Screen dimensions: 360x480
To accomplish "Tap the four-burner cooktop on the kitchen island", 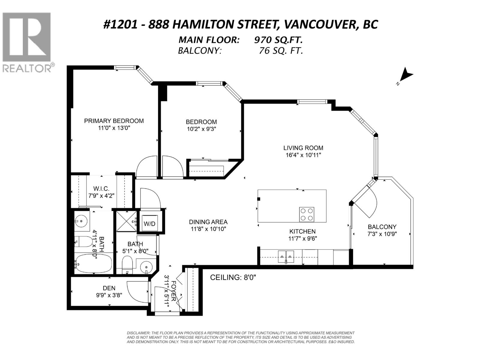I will pyautogui.click(x=307, y=214).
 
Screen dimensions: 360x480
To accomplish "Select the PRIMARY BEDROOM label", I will pyautogui.click(x=114, y=121).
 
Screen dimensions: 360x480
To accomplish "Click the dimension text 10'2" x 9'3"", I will pyautogui.click(x=201, y=129).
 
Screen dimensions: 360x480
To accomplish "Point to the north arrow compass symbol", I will pyautogui.click(x=406, y=76).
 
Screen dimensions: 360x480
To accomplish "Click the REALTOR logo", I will pyautogui.click(x=27, y=42).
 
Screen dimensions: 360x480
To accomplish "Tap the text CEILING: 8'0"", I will pyautogui.click(x=233, y=277).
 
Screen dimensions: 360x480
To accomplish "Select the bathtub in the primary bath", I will pyautogui.click(x=93, y=263).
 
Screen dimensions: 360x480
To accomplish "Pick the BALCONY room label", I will pyautogui.click(x=382, y=227).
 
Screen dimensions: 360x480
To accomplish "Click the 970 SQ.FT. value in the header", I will pyautogui.click(x=278, y=40).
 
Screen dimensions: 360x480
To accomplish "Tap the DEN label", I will pyautogui.click(x=109, y=288).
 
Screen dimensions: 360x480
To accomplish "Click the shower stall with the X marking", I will pyautogui.click(x=126, y=221).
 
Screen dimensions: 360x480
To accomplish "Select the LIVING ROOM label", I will pyautogui.click(x=303, y=148).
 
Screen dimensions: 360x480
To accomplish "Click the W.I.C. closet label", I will pyautogui.click(x=101, y=189).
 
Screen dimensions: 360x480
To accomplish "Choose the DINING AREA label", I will pyautogui.click(x=208, y=222).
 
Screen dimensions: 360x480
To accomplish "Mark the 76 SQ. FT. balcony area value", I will pyautogui.click(x=280, y=50).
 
